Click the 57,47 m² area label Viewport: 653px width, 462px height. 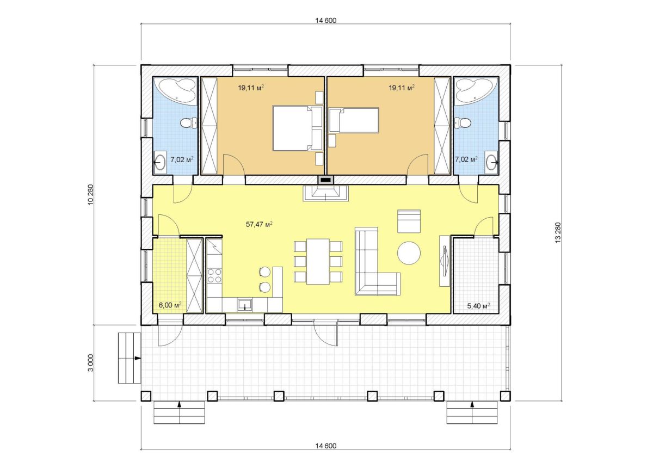coord(259,224)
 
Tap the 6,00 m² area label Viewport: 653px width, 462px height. coord(170,305)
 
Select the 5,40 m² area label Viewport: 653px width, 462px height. coord(478,306)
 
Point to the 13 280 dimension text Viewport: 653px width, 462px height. coord(558,232)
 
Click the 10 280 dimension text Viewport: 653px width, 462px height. coord(91,195)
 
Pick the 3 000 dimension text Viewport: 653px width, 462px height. coord(91,363)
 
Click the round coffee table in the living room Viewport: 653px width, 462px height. coord(409,253)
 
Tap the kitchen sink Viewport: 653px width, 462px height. coord(244,305)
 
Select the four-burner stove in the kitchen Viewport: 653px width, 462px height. coord(214,276)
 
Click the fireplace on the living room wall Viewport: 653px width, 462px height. coord(325,193)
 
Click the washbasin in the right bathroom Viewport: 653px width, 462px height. coord(492,162)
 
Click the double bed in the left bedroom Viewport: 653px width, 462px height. coord(297,128)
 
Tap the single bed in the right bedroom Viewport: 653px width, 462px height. coord(354,120)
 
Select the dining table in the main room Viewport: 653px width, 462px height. coord(318,261)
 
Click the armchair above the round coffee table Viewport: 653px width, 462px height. coord(409,221)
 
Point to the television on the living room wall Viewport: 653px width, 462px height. coord(445,261)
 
